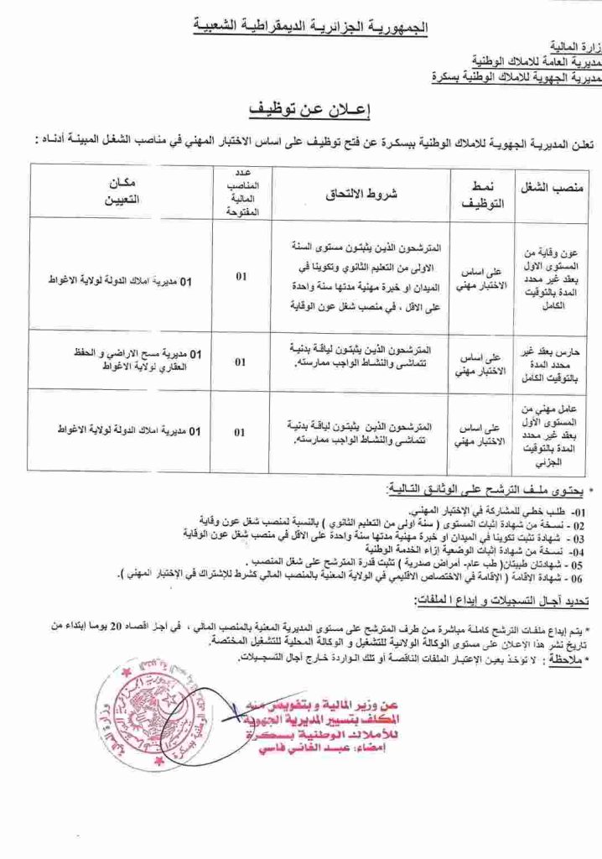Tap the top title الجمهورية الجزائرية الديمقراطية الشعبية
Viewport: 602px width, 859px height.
312,28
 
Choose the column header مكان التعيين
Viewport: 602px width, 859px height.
122,192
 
